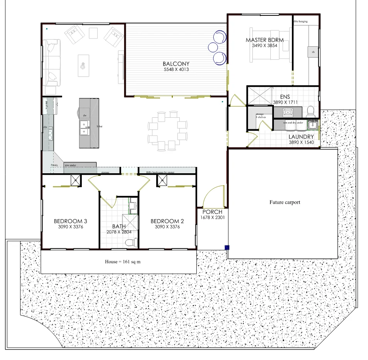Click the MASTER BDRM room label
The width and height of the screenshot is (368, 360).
[264, 40]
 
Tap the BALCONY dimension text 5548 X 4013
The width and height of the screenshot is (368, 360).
[176, 70]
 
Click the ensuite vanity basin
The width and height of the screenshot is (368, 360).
[287, 112]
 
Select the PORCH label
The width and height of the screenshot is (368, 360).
[212, 212]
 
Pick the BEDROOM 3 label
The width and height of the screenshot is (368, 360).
[70, 221]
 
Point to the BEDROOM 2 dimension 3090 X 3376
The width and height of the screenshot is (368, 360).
[167, 227]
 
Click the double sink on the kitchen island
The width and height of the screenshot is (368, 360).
[84, 128]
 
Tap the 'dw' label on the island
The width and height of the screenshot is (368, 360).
[84, 115]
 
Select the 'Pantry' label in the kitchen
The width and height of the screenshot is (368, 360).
[54, 165]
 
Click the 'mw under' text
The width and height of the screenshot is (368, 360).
[70, 165]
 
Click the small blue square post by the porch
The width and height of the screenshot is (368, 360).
[227, 248]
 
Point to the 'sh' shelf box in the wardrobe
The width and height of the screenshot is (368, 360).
[313, 52]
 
